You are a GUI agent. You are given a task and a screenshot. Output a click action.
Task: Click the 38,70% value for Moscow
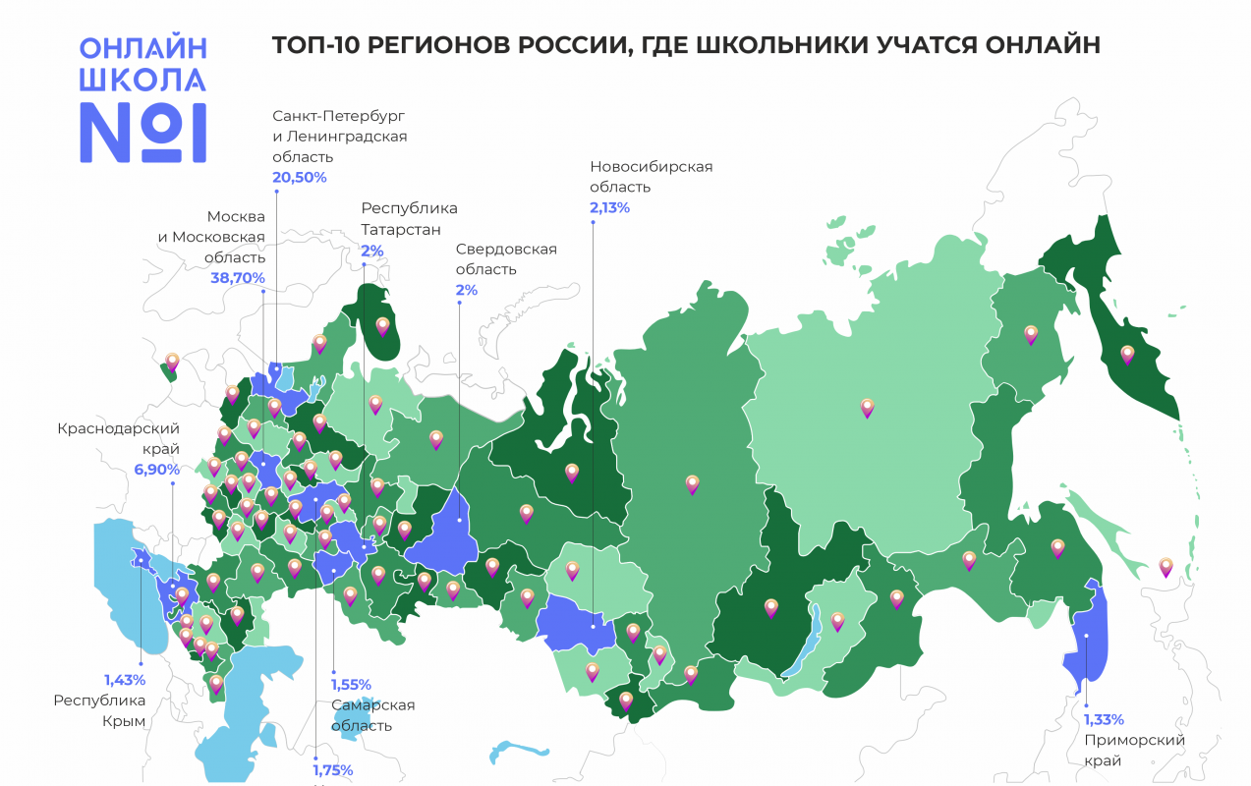(x=238, y=278)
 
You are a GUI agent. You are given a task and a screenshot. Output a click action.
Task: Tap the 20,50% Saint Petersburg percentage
(x=299, y=178)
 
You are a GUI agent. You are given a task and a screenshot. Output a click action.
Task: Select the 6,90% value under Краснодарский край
(x=157, y=470)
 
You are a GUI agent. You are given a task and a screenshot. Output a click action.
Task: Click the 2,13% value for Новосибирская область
(x=609, y=207)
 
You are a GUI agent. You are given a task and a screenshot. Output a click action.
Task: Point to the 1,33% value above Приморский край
(x=1105, y=719)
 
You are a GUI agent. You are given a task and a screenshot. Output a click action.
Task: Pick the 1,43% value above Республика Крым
(x=125, y=680)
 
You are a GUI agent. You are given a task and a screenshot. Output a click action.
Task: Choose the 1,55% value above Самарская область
(x=351, y=685)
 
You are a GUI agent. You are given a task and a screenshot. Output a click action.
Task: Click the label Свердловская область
(x=506, y=258)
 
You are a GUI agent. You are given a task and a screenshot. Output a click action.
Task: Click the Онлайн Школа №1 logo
(x=142, y=99)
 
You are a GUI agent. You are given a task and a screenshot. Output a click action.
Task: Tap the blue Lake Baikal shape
(x=800, y=649)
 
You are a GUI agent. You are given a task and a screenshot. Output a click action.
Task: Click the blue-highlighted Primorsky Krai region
(x=1085, y=639)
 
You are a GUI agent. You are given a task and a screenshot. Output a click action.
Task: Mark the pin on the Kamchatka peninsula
(x=1127, y=354)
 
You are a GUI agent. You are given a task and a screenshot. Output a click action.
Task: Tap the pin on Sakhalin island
(x=1166, y=567)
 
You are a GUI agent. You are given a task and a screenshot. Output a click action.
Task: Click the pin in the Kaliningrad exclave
(x=173, y=363)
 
